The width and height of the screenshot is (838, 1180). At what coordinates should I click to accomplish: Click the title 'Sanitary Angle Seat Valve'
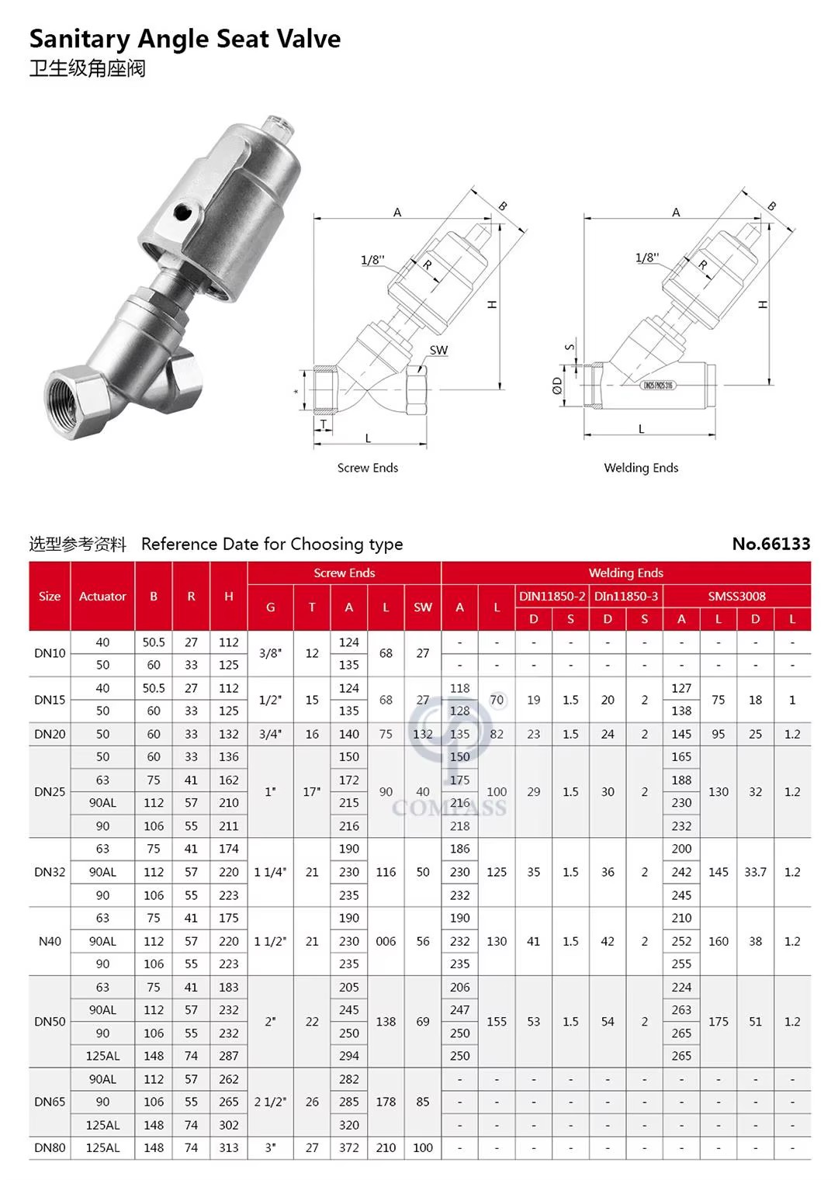click(185, 39)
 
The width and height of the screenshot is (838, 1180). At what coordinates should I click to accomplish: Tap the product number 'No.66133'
click(770, 544)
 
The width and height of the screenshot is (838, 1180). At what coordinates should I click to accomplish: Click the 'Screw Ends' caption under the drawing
click(367, 468)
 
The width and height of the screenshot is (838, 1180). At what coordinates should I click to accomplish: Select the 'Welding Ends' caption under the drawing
click(641, 468)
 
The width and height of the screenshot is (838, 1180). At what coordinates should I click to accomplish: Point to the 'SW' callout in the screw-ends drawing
click(438, 350)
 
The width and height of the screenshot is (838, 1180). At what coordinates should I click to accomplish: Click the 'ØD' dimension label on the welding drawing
click(557, 385)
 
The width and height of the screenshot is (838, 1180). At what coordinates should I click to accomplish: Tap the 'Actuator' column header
click(102, 596)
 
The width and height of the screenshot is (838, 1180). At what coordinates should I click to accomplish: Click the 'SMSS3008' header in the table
click(736, 596)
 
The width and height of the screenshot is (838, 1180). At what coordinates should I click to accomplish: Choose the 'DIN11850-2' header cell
click(552, 596)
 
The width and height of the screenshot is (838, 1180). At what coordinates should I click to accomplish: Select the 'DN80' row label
click(50, 1147)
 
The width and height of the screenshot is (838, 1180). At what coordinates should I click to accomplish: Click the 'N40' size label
click(50, 941)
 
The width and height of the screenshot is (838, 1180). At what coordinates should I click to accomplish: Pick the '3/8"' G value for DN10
click(270, 653)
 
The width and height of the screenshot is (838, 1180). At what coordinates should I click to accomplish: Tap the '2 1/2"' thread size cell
click(270, 1102)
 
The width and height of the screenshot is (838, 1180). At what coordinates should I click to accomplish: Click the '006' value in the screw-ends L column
click(386, 941)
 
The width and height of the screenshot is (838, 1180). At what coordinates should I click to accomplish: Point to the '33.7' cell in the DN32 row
click(755, 872)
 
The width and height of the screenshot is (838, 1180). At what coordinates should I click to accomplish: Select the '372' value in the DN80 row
click(349, 1147)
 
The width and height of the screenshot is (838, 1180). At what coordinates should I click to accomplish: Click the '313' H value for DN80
click(229, 1147)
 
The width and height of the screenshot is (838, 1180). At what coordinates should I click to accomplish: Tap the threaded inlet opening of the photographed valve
click(71, 393)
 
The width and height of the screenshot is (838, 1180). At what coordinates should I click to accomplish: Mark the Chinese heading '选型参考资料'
click(78, 544)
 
